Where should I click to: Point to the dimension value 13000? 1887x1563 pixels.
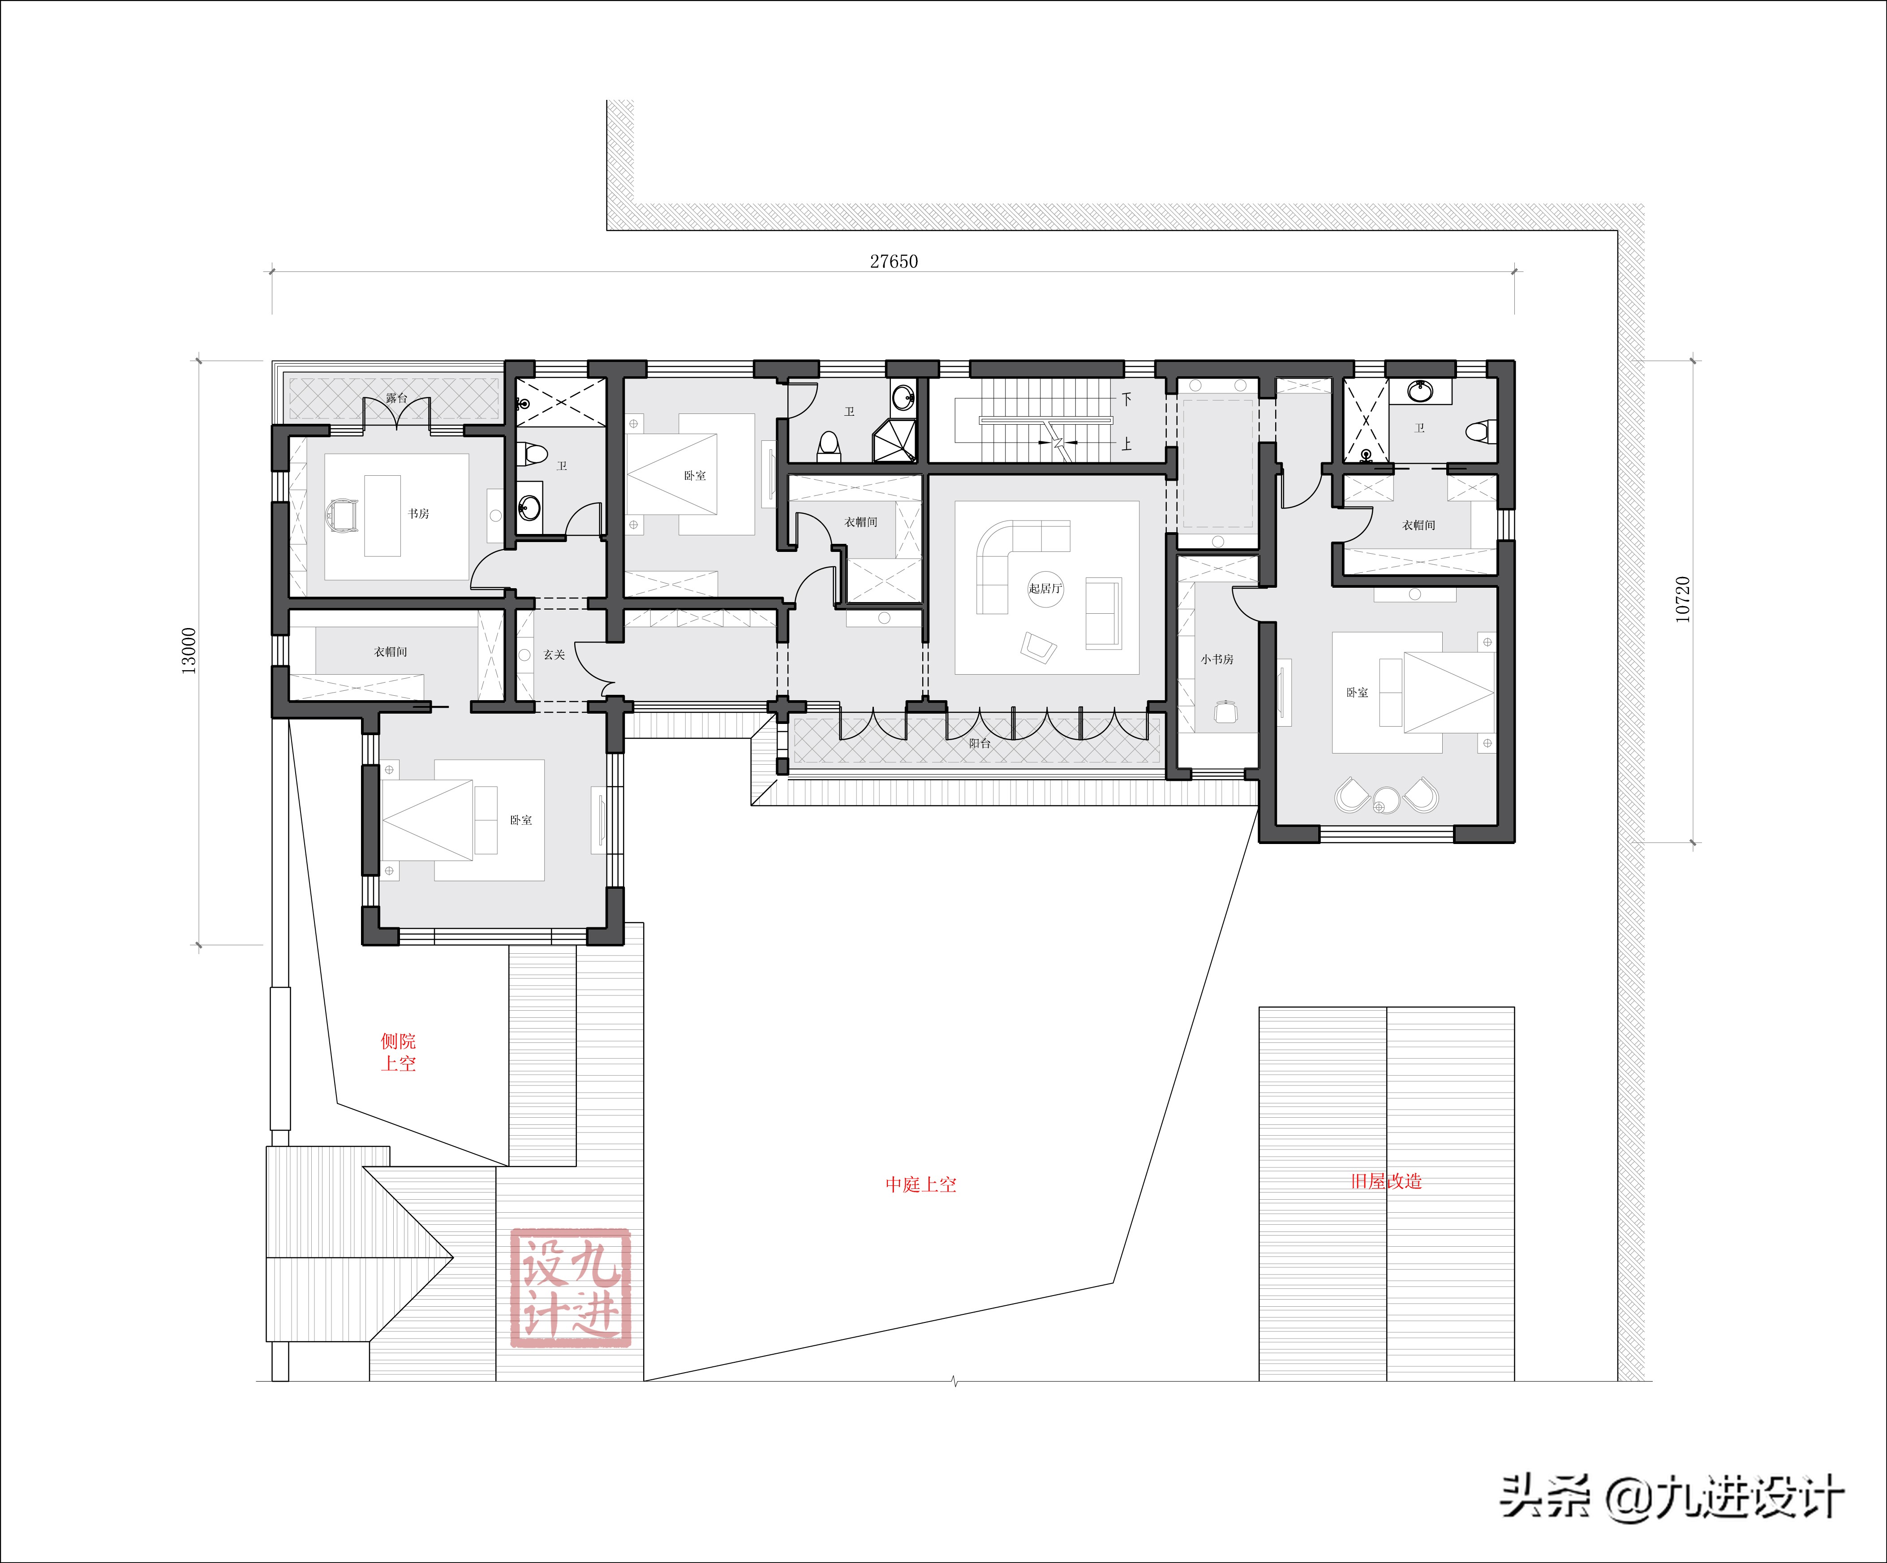pos(189,651)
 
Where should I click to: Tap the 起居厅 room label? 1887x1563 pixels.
pos(1045,589)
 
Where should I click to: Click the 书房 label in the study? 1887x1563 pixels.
pos(419,513)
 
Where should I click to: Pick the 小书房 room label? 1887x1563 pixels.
pos(1217,659)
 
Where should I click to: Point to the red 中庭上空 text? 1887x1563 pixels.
pos(921,1184)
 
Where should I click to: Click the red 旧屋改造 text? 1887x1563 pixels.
pos(1387,1181)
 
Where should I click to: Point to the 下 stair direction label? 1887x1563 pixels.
pos(1126,398)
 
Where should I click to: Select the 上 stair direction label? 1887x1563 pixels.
pos(1126,444)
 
